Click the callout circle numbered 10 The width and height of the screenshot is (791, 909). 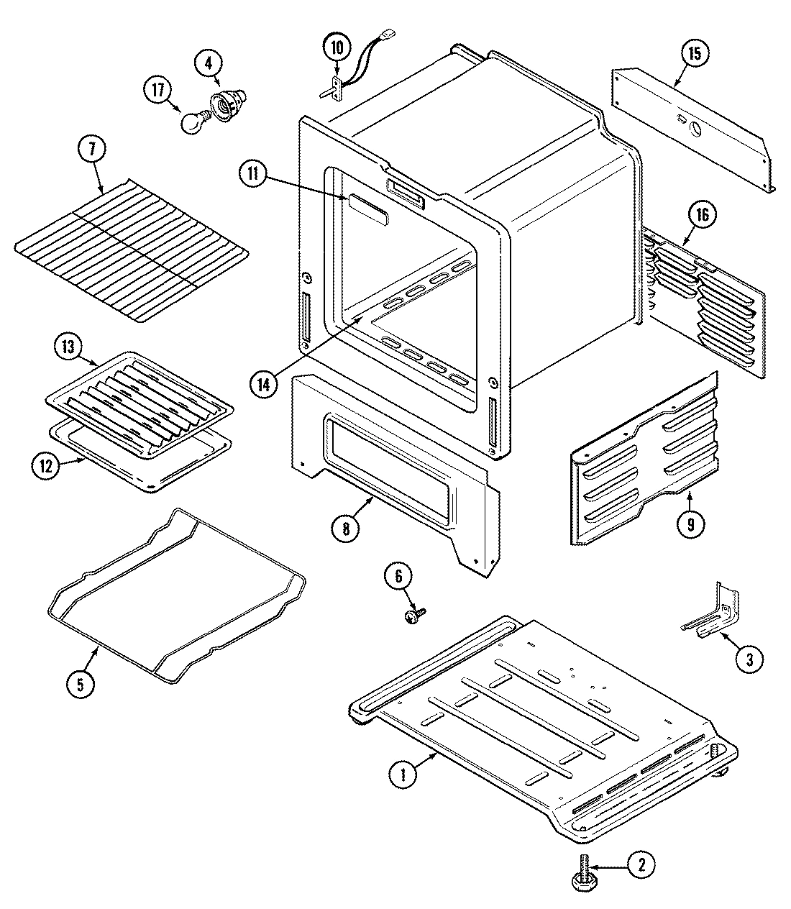click(337, 48)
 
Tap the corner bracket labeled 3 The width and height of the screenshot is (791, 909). click(712, 611)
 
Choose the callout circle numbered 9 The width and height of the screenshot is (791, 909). click(690, 524)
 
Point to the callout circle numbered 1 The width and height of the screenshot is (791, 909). click(403, 775)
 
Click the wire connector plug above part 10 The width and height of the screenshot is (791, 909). click(389, 33)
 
